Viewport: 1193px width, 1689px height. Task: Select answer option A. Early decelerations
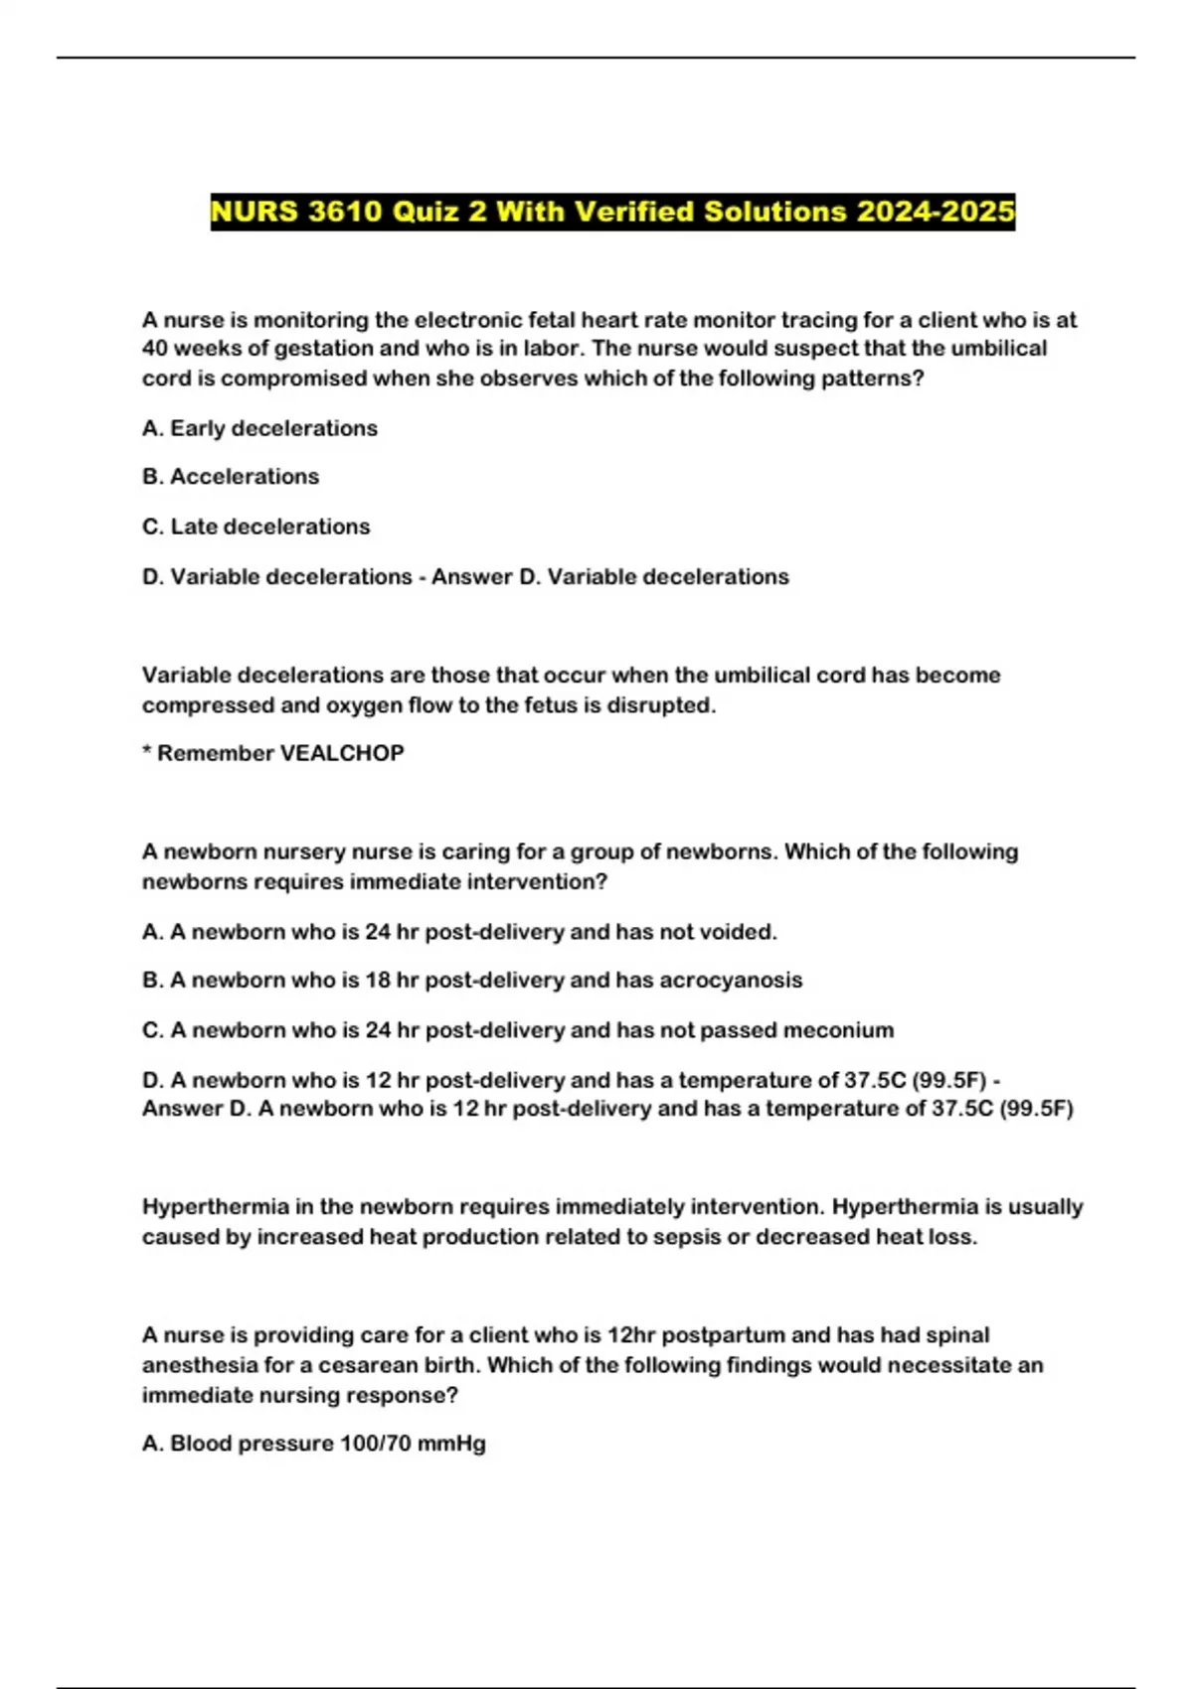[x=259, y=428]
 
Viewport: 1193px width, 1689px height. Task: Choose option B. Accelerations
[x=231, y=477]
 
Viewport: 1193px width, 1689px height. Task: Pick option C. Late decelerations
[x=256, y=527]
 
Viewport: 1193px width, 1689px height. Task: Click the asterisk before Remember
[x=147, y=751]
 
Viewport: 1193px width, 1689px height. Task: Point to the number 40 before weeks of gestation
[x=155, y=349]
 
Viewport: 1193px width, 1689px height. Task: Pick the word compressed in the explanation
[x=201, y=705]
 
